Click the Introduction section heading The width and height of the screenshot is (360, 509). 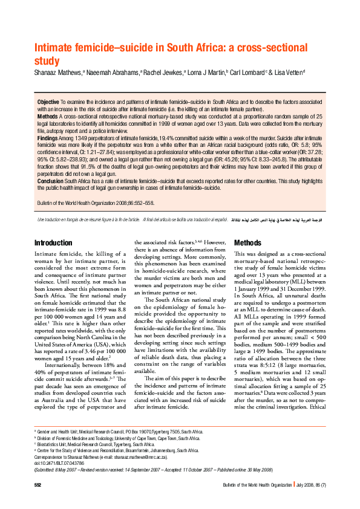53,243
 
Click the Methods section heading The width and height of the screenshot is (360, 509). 247,243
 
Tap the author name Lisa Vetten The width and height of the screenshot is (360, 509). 287,73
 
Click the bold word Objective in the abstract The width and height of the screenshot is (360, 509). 48,102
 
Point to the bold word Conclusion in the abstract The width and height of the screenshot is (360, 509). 50,181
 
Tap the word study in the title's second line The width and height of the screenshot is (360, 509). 47,61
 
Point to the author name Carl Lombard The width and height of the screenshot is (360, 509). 247,73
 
